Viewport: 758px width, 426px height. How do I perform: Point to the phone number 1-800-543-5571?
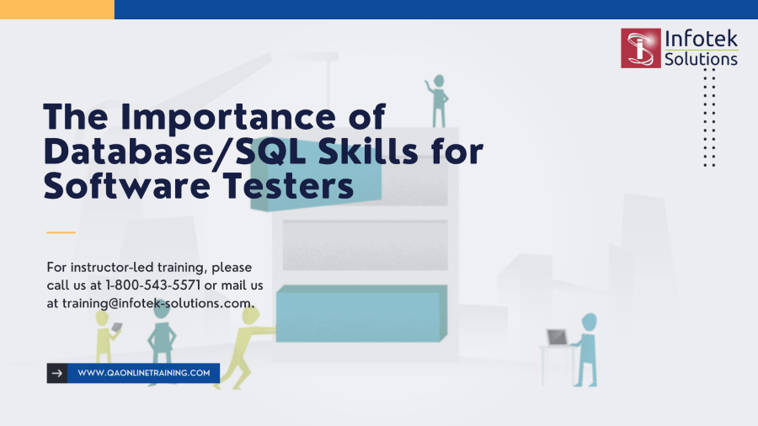click(x=153, y=285)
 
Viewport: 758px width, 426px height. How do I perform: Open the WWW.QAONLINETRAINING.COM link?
click(x=143, y=373)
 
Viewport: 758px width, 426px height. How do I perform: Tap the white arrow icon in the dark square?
click(x=56, y=373)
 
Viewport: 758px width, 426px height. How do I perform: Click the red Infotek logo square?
click(x=640, y=48)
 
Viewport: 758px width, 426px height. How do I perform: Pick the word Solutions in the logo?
click(x=701, y=60)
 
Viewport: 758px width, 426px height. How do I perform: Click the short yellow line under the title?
click(x=61, y=232)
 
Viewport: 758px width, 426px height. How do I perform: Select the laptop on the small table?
click(x=557, y=338)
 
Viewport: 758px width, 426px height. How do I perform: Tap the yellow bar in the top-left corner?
click(x=56, y=9)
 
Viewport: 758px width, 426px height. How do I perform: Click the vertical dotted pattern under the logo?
click(x=709, y=117)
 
